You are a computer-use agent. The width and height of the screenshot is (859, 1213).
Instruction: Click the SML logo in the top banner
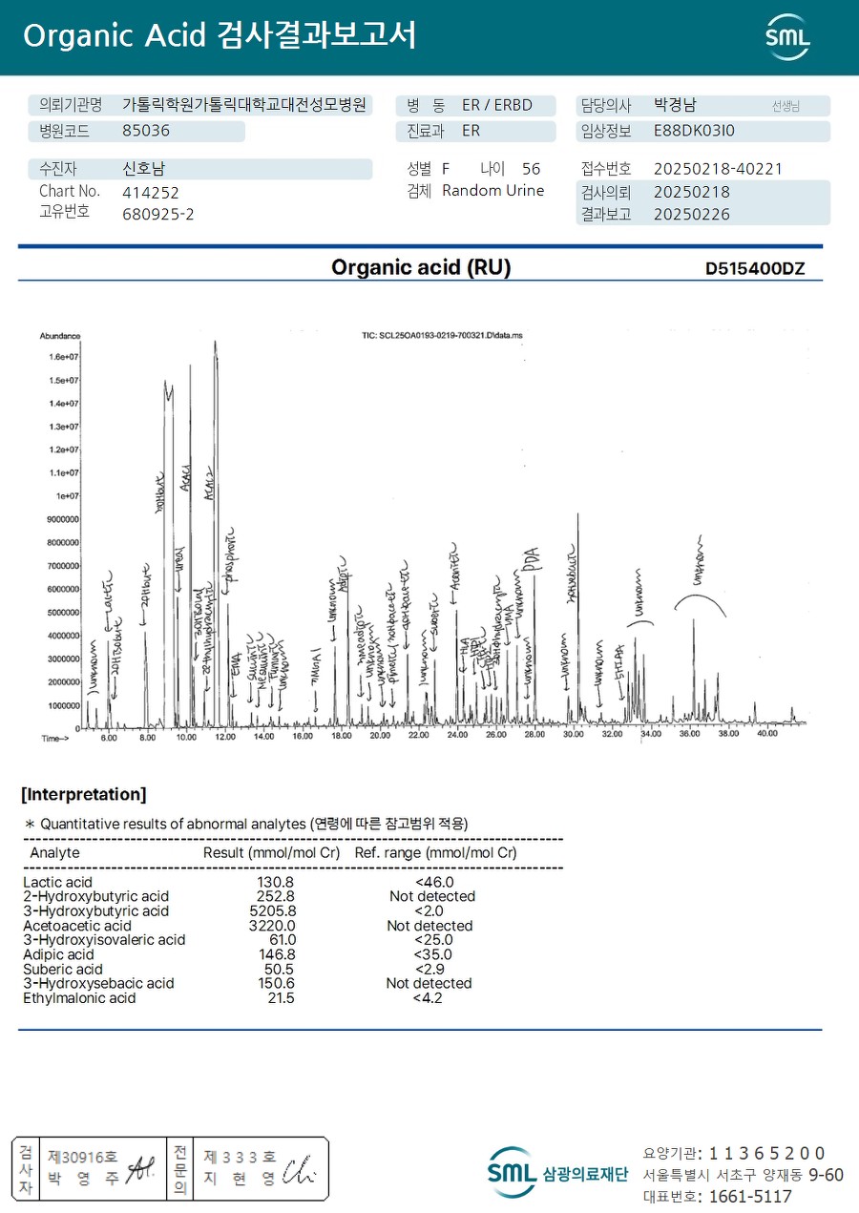[787, 36]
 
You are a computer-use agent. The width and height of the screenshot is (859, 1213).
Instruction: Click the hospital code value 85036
[146, 131]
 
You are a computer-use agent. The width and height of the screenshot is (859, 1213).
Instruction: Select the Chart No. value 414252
[151, 192]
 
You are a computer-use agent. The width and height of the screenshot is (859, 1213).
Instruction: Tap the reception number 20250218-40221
[718, 169]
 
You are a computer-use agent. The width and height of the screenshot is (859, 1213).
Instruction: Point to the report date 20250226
[692, 215]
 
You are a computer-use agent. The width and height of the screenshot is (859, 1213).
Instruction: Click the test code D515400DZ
[755, 269]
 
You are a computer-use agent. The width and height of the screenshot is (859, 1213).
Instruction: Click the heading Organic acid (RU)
[421, 268]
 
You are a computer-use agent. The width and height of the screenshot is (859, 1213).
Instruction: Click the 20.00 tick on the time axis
[379, 736]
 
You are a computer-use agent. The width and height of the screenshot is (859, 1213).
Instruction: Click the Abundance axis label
[60, 336]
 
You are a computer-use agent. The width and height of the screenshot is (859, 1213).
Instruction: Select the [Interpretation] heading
[84, 795]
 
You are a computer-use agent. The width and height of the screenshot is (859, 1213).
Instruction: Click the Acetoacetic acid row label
[77, 926]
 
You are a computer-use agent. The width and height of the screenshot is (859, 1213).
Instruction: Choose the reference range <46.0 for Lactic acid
[433, 883]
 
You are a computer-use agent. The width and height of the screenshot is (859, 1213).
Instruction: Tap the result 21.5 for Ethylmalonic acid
[281, 998]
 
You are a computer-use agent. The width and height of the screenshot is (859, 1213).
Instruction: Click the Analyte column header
[55, 852]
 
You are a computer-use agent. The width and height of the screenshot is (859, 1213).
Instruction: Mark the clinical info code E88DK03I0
[694, 131]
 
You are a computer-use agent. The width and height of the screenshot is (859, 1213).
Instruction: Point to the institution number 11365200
[766, 1153]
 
